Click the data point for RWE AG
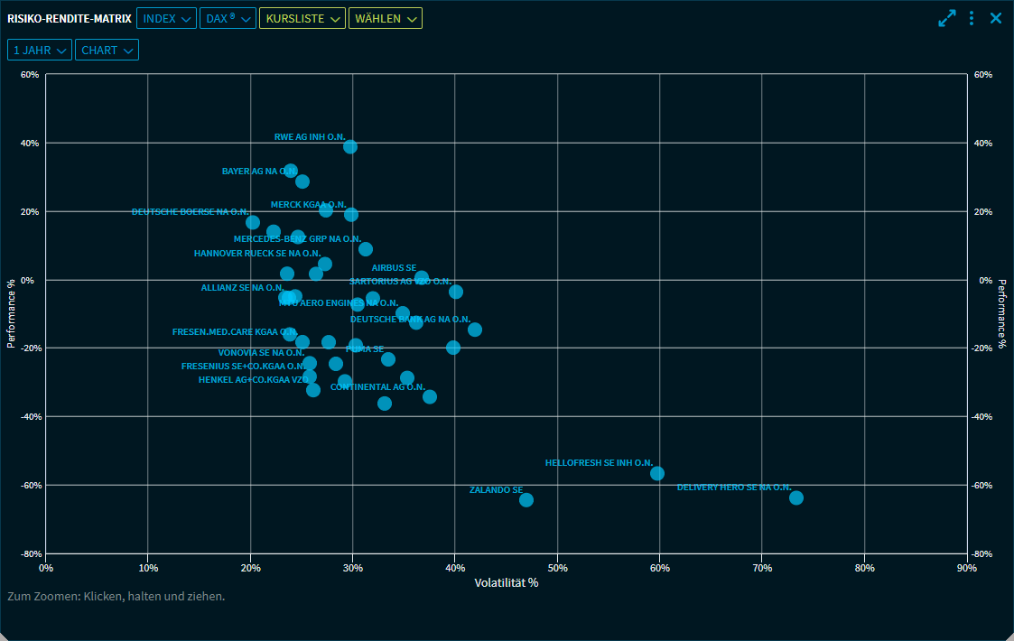point(350,146)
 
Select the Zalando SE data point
point(526,500)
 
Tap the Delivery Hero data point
point(795,498)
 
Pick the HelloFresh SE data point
point(657,474)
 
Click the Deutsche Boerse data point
point(253,222)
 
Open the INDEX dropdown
point(166,18)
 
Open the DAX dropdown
point(228,18)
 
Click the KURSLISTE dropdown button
point(302,18)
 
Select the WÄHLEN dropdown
point(385,18)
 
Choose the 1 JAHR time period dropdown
point(40,51)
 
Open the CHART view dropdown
point(107,51)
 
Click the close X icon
point(996,18)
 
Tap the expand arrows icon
point(947,18)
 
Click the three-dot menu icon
point(972,18)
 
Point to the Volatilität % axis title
point(507,583)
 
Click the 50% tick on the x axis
point(557,568)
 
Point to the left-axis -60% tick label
point(27,485)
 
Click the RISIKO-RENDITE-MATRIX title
point(69,18)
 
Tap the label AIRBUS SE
point(394,268)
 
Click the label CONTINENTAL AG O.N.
point(377,387)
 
